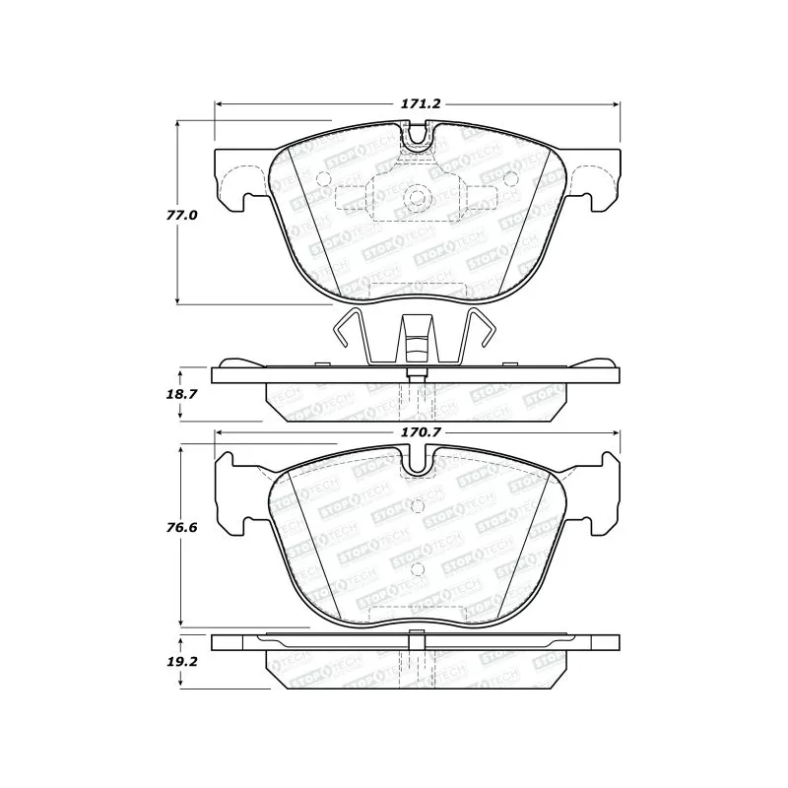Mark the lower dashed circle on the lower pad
(417, 568)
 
